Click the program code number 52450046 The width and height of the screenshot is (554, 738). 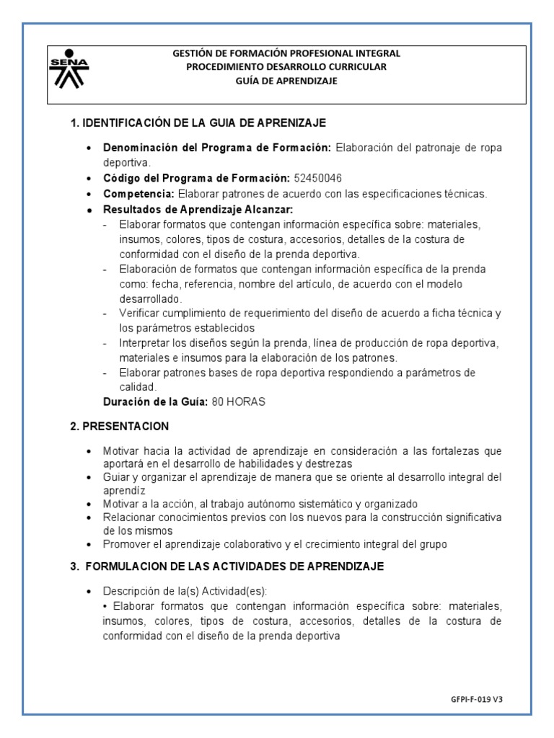coord(320,177)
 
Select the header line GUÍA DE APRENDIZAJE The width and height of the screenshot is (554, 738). coord(286,81)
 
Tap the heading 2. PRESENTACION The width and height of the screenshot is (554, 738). coord(119,426)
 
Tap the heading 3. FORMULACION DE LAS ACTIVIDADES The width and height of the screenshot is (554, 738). coord(227,567)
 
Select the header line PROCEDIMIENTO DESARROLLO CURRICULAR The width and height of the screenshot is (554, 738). coord(286,67)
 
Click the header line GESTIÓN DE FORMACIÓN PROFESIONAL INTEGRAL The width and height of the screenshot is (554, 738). coord(286,53)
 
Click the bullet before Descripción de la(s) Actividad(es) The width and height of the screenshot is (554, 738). coord(88,590)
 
